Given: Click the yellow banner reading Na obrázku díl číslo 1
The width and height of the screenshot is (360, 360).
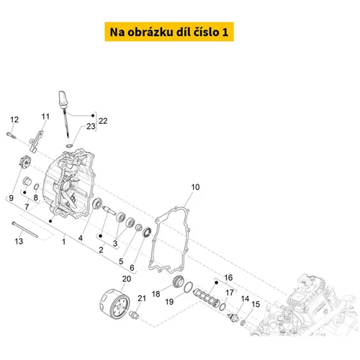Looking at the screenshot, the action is [169, 32].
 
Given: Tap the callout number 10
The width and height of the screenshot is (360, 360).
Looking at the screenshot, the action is [195, 187].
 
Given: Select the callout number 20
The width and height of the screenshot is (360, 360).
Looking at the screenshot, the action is [127, 279].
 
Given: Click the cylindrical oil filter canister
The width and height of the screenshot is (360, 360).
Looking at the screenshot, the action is [114, 304].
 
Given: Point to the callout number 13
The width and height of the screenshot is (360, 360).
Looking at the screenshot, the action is [19, 241].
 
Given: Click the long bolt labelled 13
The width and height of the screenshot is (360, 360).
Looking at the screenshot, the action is [25, 230].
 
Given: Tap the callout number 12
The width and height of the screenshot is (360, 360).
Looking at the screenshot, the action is [14, 120].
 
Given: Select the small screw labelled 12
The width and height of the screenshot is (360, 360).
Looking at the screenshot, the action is [11, 135].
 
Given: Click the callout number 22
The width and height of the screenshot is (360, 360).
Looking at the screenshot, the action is [103, 121].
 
